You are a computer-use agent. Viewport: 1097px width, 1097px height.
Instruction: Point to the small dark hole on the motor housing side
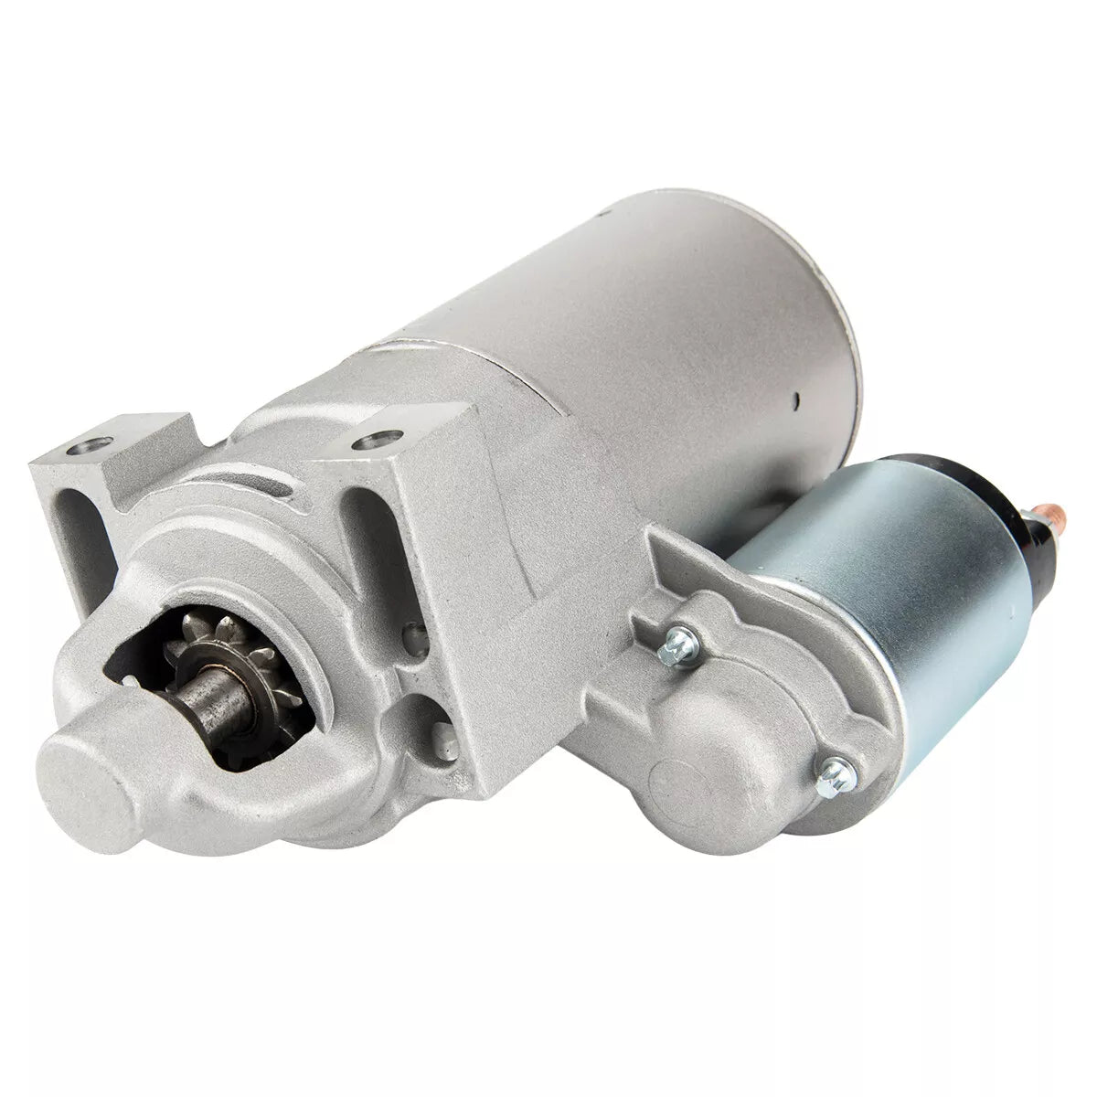[x=797, y=399]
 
